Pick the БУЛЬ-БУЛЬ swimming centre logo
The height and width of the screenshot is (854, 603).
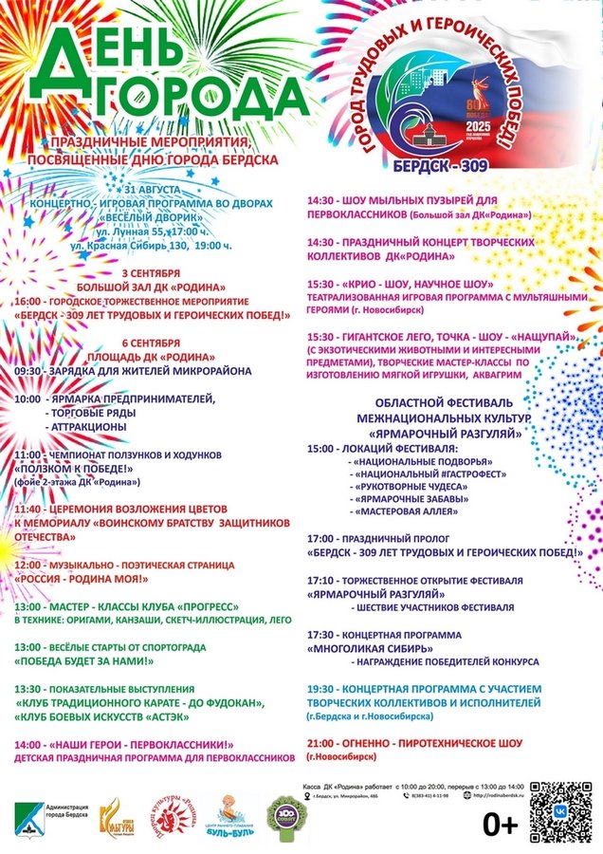click(x=230, y=818)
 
